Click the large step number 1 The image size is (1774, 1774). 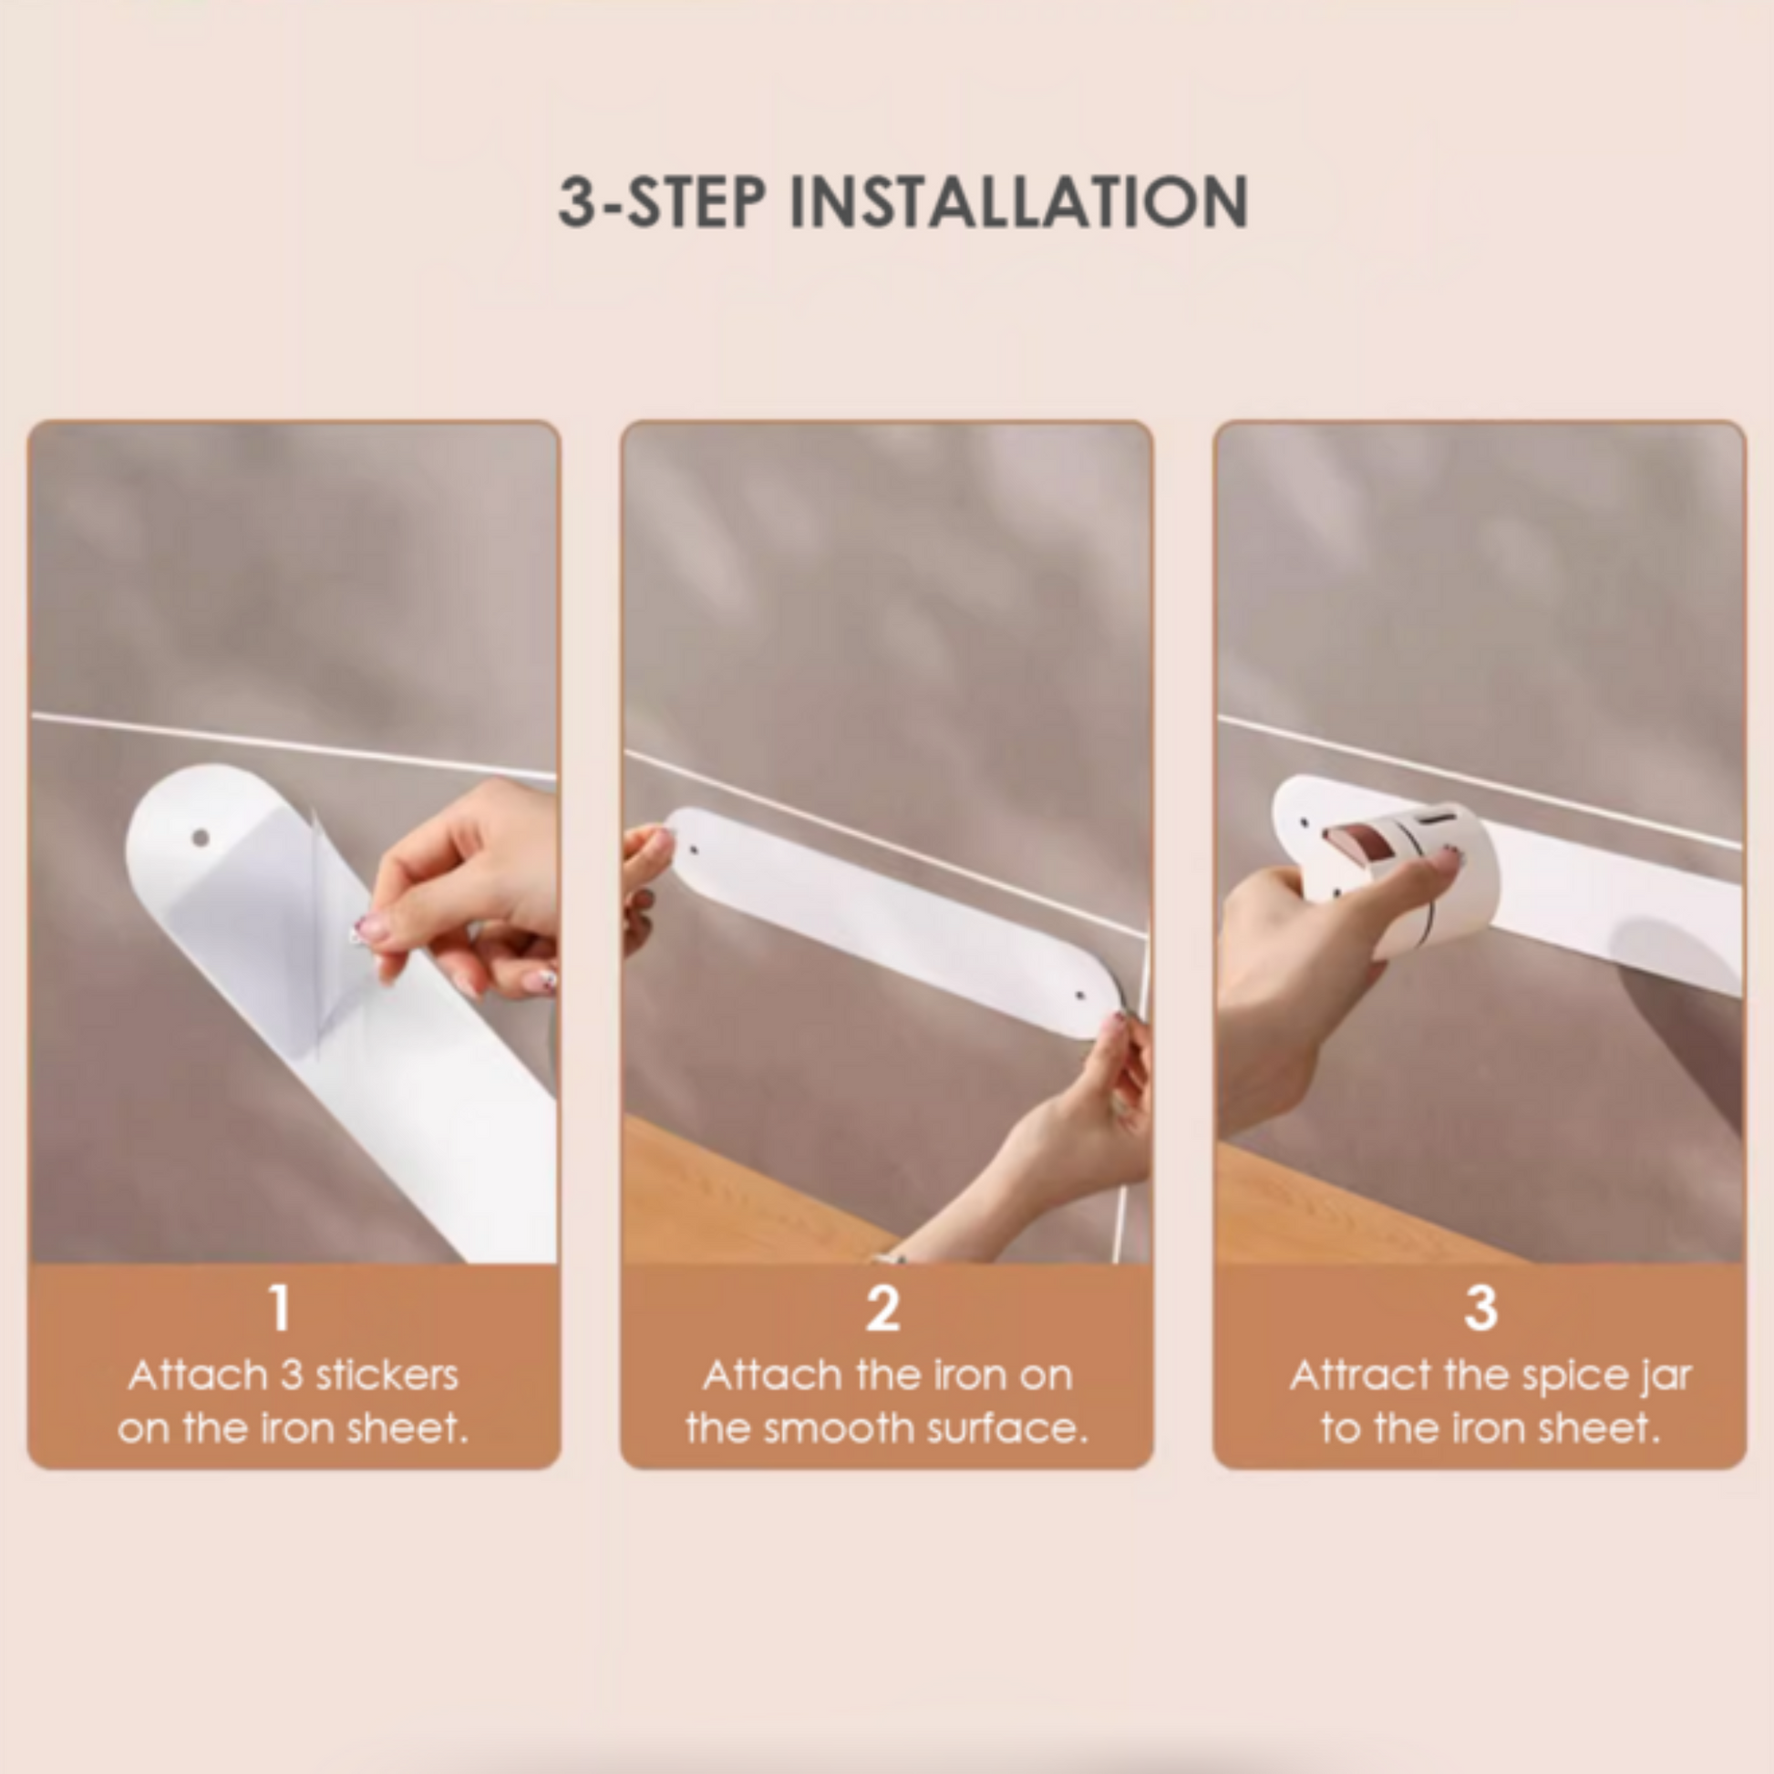click(279, 1307)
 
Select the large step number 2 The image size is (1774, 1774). click(882, 1307)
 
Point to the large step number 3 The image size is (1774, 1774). click(1480, 1307)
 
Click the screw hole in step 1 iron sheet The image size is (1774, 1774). click(201, 839)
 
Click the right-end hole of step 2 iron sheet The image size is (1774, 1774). click(1080, 995)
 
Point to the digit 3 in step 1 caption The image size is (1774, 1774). click(291, 1376)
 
